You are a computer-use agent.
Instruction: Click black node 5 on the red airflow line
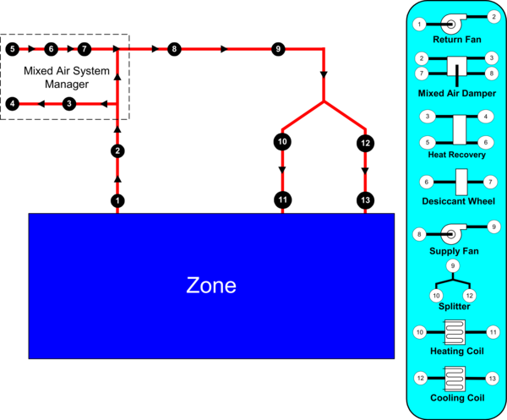pos(12,49)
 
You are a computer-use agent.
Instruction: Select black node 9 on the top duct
pos(277,49)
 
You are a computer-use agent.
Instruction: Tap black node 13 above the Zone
pos(365,200)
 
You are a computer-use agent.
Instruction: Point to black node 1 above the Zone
pos(117,200)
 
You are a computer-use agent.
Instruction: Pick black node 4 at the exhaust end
pos(12,103)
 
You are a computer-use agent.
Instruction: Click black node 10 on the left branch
pos(282,142)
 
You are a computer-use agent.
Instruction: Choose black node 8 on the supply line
pos(173,49)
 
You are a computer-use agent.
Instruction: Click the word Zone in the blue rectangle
pos(211,286)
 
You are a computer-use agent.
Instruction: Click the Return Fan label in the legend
pos(456,39)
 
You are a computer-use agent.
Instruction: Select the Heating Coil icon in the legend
pos(455,332)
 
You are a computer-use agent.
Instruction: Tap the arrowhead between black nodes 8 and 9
pos(225,49)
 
